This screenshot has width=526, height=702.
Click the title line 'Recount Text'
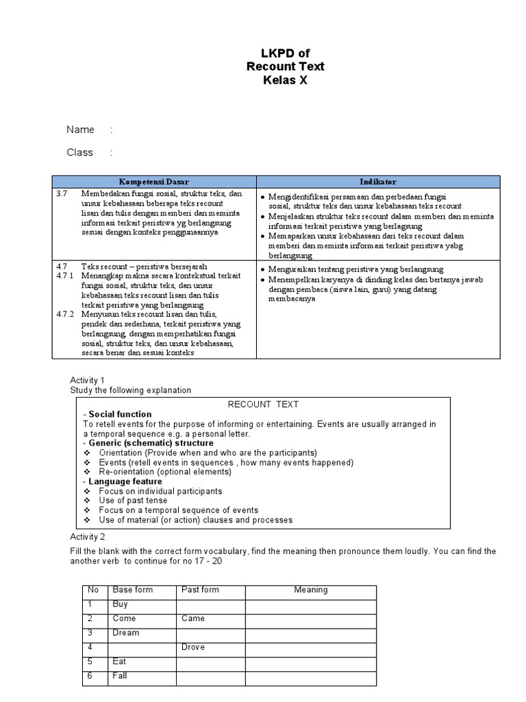tap(286, 66)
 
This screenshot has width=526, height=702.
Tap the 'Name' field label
tap(79, 130)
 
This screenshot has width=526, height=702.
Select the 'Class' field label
tap(79, 152)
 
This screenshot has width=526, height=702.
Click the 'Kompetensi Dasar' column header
tap(155, 182)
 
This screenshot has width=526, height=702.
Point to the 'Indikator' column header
tap(378, 182)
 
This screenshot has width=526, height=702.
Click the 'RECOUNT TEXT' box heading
tap(263, 404)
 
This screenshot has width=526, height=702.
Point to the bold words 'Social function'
tap(120, 414)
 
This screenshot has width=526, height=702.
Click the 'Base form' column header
tap(133, 590)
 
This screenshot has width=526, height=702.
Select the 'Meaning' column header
tap(311, 590)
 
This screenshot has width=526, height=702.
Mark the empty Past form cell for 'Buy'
tap(211, 604)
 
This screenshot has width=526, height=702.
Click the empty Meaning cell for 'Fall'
tap(311, 676)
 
